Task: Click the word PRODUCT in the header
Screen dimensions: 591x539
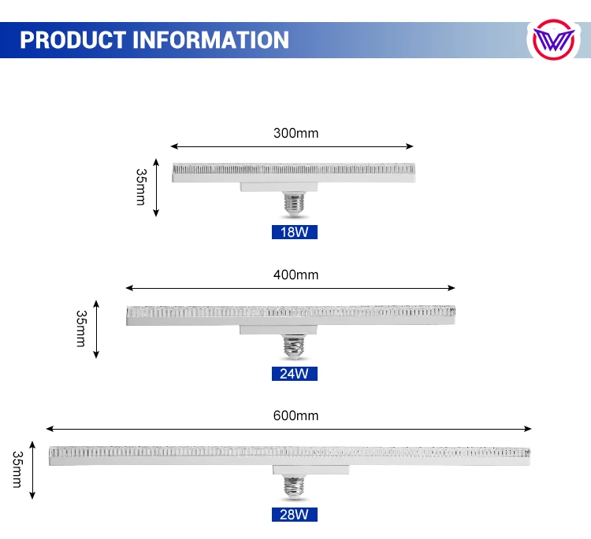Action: pos(72,39)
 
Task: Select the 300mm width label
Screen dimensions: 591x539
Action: pos(295,133)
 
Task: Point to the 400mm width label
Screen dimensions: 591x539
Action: pos(295,275)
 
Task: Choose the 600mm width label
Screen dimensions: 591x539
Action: pos(295,415)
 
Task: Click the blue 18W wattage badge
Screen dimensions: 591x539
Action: pos(294,232)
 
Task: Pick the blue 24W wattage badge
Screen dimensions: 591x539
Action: pos(294,373)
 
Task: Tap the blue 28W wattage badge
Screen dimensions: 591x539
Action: pos(294,515)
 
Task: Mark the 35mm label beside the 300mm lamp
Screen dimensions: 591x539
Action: pos(141,187)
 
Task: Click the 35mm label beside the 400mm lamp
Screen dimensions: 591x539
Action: pos(80,329)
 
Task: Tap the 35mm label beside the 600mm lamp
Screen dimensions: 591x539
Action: pos(17,470)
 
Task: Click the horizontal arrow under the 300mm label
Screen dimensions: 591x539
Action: pos(292,146)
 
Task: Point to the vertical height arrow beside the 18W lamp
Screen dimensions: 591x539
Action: pos(157,190)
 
